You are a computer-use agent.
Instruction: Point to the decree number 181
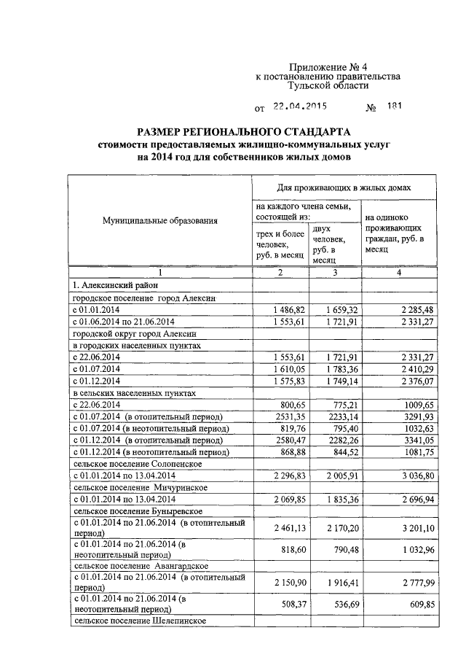tap(394, 106)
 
